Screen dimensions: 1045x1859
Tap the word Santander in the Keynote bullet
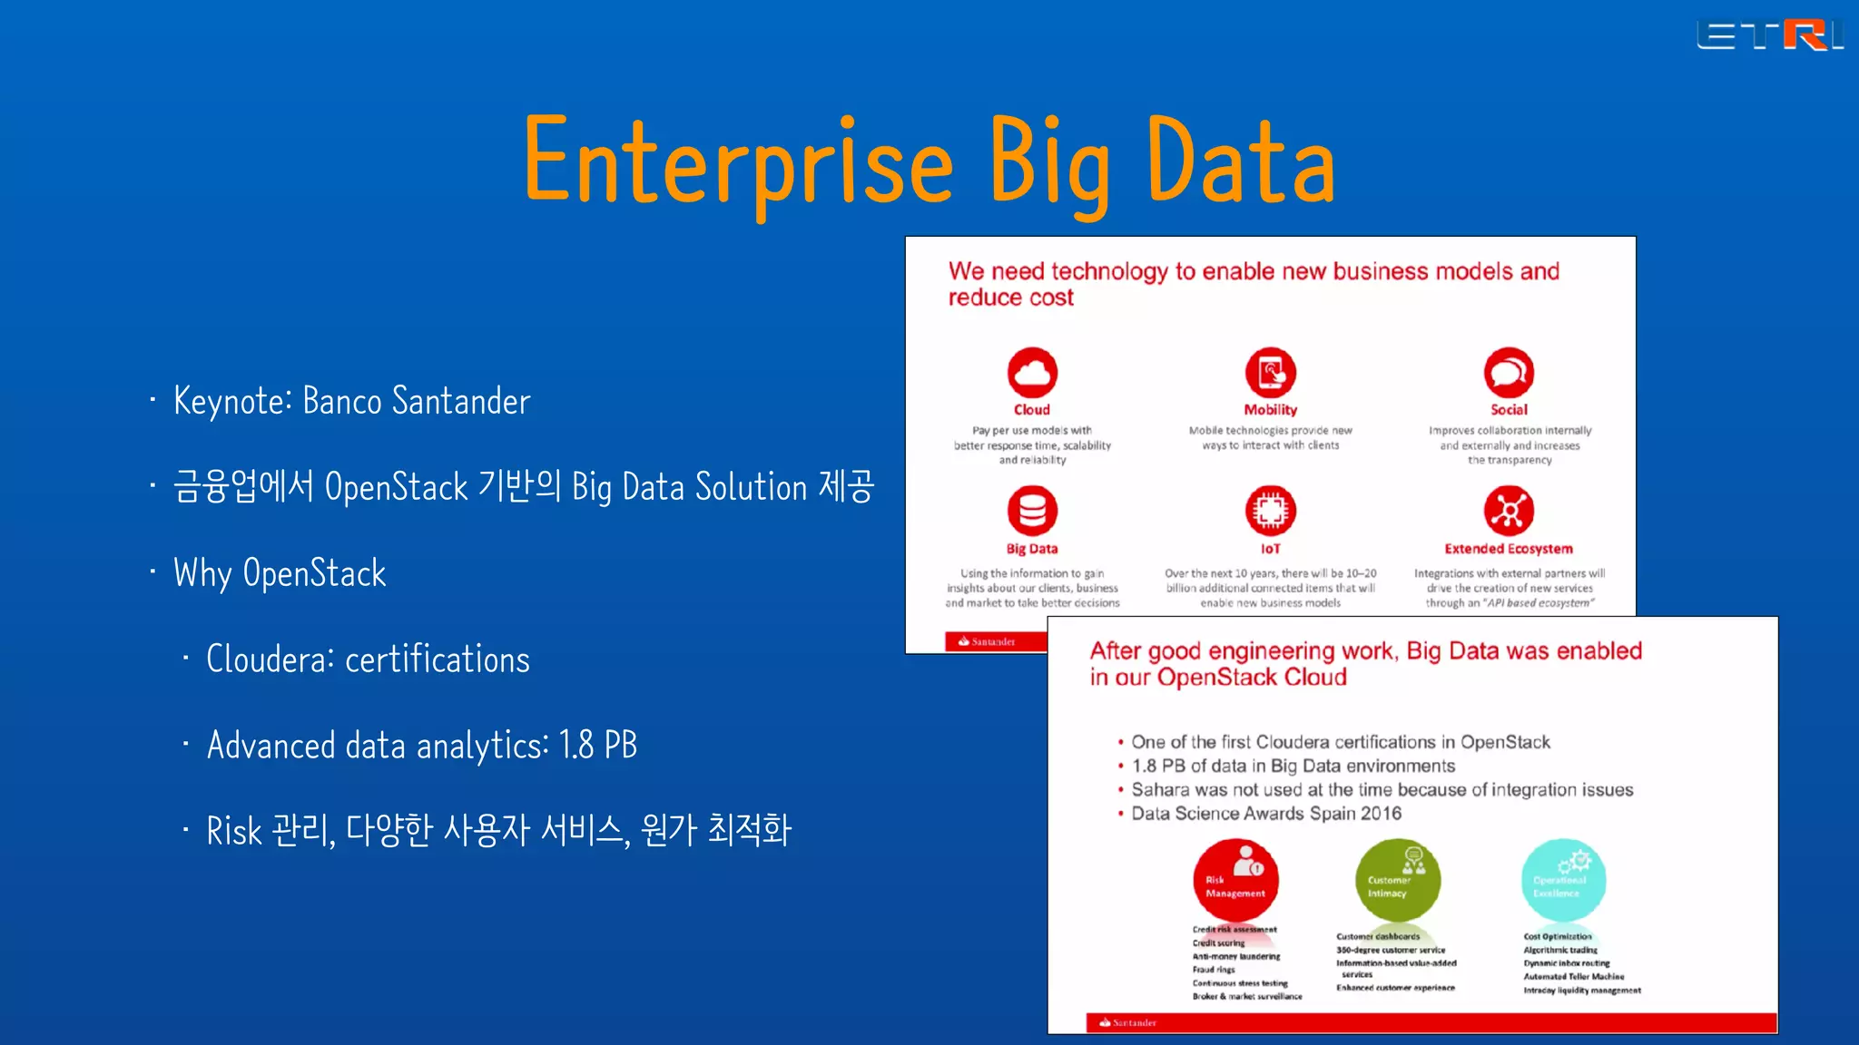point(461,401)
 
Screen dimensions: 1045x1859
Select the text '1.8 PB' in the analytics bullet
point(598,746)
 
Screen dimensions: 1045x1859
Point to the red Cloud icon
point(1032,372)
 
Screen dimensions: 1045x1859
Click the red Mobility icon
point(1270,372)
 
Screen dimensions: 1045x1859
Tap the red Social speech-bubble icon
point(1509,372)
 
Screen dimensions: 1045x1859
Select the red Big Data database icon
point(1032,511)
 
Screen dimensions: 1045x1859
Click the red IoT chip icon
point(1270,511)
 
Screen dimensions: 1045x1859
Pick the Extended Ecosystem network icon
point(1509,511)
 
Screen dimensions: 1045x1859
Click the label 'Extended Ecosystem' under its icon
point(1509,549)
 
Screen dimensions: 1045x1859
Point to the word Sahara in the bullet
point(1159,790)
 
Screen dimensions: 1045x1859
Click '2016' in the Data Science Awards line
point(1381,814)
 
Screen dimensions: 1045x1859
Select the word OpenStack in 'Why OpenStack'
point(314,574)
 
